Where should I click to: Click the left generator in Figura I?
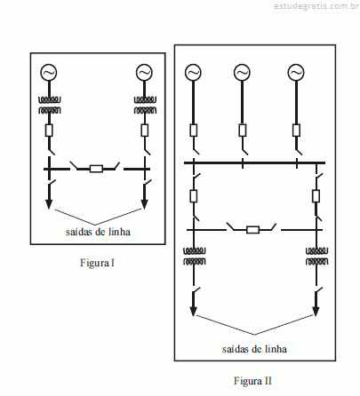49,73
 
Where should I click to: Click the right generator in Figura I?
144,73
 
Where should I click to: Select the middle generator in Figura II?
242,73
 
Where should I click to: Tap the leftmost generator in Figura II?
193,73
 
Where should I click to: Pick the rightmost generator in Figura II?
296,73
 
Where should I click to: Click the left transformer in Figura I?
50,106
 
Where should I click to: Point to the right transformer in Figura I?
145,106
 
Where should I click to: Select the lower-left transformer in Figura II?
194,257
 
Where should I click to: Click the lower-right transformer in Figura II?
316,257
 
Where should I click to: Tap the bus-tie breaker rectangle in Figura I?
96,169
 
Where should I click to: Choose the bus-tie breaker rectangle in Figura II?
252,230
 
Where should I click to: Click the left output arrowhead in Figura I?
49,204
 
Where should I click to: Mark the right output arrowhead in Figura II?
316,311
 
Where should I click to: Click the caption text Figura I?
97,263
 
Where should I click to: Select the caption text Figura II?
252,380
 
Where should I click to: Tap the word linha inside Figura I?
119,232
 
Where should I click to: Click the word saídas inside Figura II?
235,349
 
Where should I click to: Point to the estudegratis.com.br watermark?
316,6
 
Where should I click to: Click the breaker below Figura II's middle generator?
243,131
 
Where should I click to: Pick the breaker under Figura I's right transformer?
145,131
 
